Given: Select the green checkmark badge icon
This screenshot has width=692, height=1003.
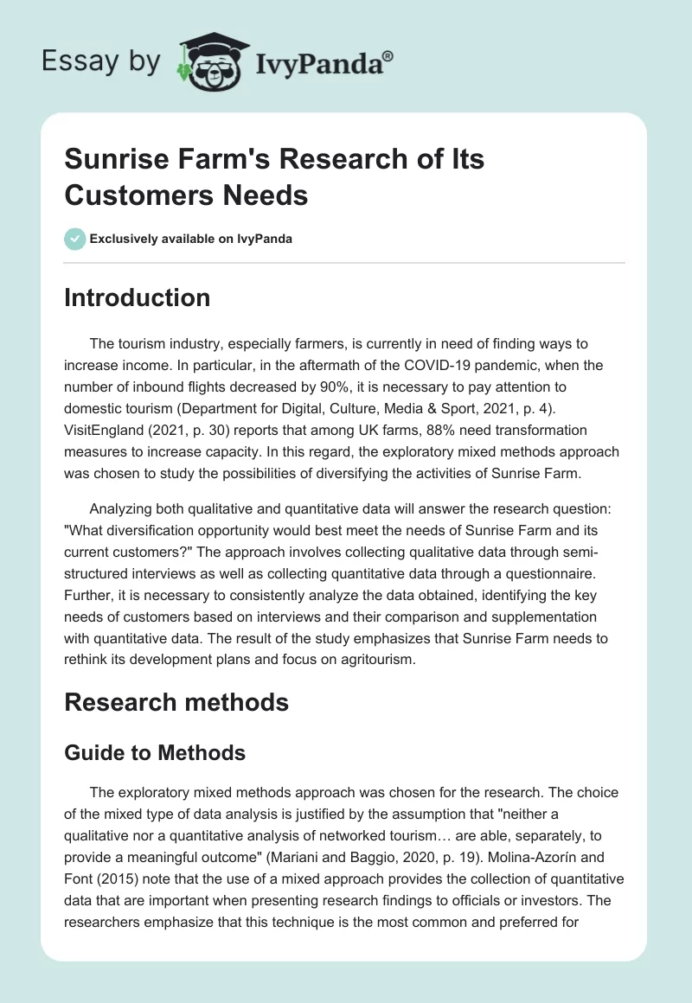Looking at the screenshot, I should tap(75, 239).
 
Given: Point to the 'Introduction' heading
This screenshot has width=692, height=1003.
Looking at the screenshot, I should tap(138, 297).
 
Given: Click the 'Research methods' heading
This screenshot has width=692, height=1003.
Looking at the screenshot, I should tap(176, 702).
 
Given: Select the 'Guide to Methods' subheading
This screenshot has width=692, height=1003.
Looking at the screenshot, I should tap(155, 753).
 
